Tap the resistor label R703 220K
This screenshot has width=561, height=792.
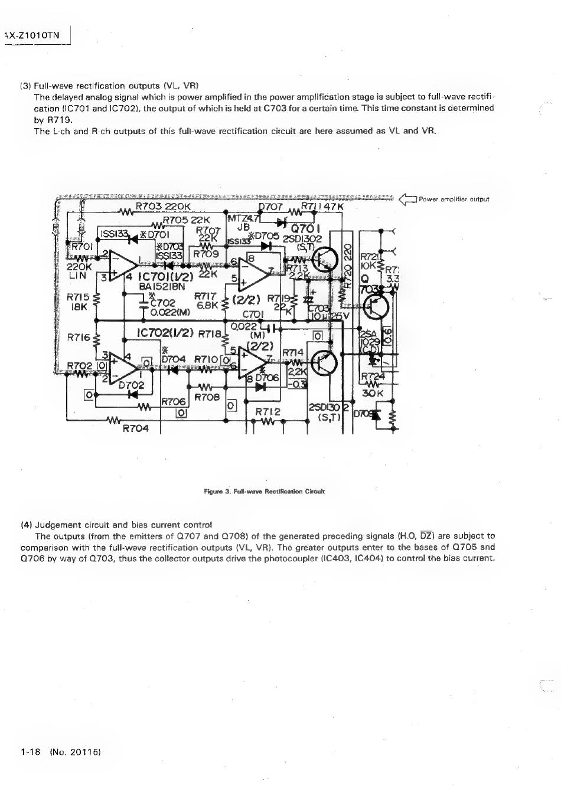click(x=163, y=207)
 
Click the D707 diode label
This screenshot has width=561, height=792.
click(x=271, y=207)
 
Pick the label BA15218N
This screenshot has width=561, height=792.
click(x=162, y=286)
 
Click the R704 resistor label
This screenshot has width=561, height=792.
click(x=135, y=428)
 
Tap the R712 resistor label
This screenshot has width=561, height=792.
click(x=267, y=411)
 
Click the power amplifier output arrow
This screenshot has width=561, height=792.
click(x=407, y=199)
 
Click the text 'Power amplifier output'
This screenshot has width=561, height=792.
click(x=454, y=199)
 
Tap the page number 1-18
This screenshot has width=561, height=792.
click(x=30, y=752)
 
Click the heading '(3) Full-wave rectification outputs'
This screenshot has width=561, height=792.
click(x=110, y=86)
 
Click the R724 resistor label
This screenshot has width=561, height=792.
click(x=372, y=376)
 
